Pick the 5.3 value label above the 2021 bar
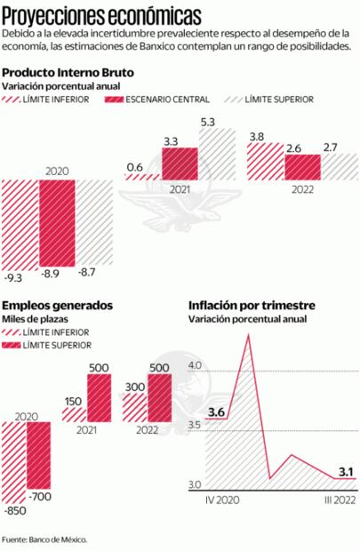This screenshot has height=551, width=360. point(208,121)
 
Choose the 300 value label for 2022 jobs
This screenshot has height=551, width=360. point(133,388)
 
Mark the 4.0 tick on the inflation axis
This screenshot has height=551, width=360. point(196,365)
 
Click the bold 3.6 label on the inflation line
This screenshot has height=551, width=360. point(215,412)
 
